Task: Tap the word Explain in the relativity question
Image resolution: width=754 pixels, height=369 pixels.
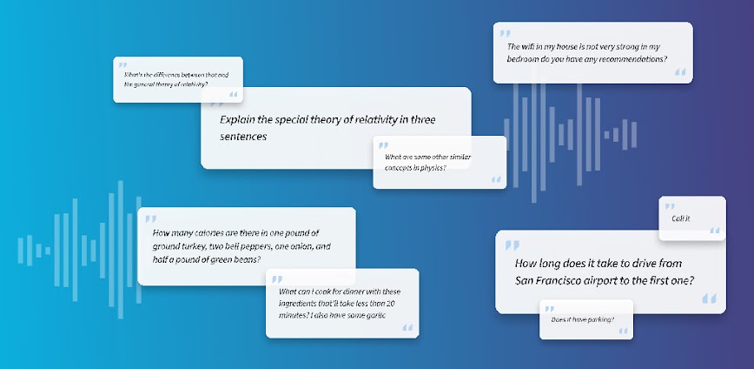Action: (239, 120)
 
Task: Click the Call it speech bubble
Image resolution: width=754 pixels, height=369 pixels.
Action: (682, 218)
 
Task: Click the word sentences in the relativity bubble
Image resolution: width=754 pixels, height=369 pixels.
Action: (244, 137)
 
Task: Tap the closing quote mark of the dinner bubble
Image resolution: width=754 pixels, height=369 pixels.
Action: (407, 328)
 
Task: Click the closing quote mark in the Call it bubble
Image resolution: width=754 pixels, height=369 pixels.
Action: (715, 231)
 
